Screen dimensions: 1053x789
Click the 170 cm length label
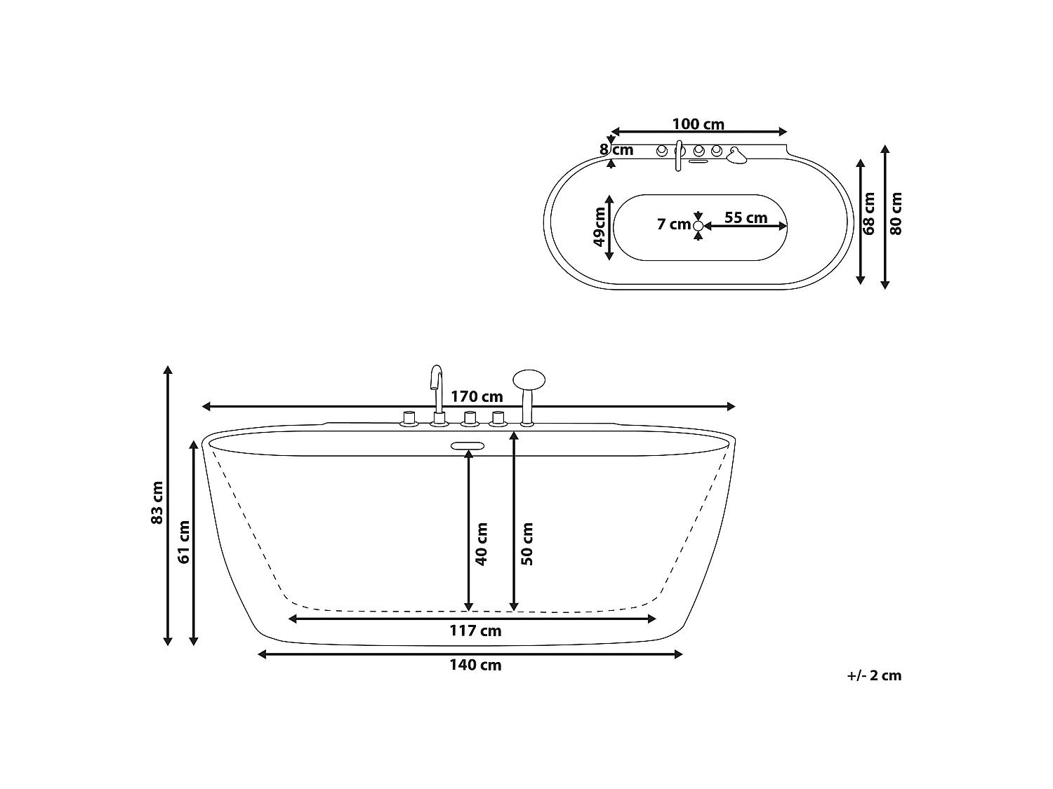477,397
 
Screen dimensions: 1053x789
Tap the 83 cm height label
157,503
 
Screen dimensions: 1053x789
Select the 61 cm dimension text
184,542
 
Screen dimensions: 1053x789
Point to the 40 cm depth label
481,544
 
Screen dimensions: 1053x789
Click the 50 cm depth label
526,544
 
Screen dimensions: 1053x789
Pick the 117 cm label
475,630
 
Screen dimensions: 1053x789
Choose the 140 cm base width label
475,665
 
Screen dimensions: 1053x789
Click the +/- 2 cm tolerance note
874,675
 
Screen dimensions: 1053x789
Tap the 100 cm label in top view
698,124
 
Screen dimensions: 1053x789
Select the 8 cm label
616,150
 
